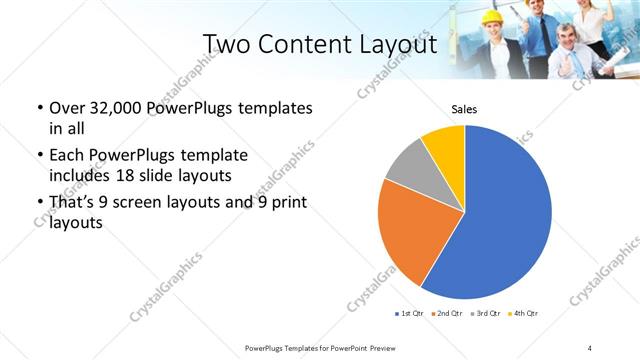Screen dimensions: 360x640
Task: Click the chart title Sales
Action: point(464,109)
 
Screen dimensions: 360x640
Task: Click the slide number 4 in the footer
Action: point(590,347)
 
